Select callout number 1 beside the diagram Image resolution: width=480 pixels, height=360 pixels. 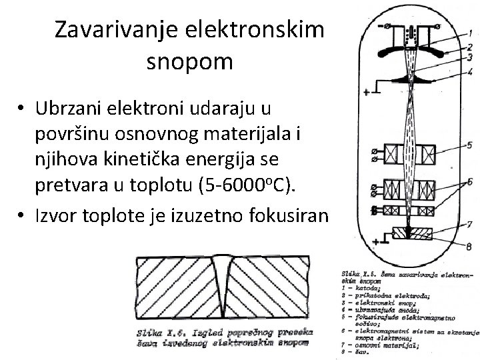(470, 31)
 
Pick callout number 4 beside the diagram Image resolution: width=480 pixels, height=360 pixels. (470, 71)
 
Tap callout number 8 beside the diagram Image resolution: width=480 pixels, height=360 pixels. (470, 247)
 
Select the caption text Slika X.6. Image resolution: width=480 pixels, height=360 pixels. (158, 332)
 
